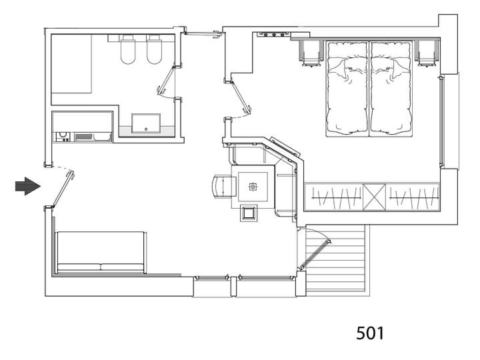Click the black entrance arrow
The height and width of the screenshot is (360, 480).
coord(28,186)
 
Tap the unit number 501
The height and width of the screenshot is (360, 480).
coord(370,333)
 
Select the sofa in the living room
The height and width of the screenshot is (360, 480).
coord(101,253)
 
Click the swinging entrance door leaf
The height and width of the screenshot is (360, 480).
coord(63,189)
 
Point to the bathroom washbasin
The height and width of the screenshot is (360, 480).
coord(146,123)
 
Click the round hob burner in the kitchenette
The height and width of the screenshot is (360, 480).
coord(63,135)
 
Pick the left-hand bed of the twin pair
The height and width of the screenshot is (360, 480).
coord(347,89)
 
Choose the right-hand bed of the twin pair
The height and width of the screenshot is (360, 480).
coord(391,89)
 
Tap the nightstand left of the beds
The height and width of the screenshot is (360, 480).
coord(311,53)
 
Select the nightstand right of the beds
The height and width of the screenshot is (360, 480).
coord(427,53)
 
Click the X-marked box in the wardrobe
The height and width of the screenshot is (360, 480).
coord(374,197)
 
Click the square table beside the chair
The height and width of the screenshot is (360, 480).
coord(253,187)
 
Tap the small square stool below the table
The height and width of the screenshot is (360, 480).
coord(248,213)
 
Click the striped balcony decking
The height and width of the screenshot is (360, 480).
coord(336,258)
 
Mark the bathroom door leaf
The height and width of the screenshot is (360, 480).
coord(165,79)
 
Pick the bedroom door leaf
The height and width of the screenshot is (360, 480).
coord(241,96)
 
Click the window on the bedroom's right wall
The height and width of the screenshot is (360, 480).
coord(441,121)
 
